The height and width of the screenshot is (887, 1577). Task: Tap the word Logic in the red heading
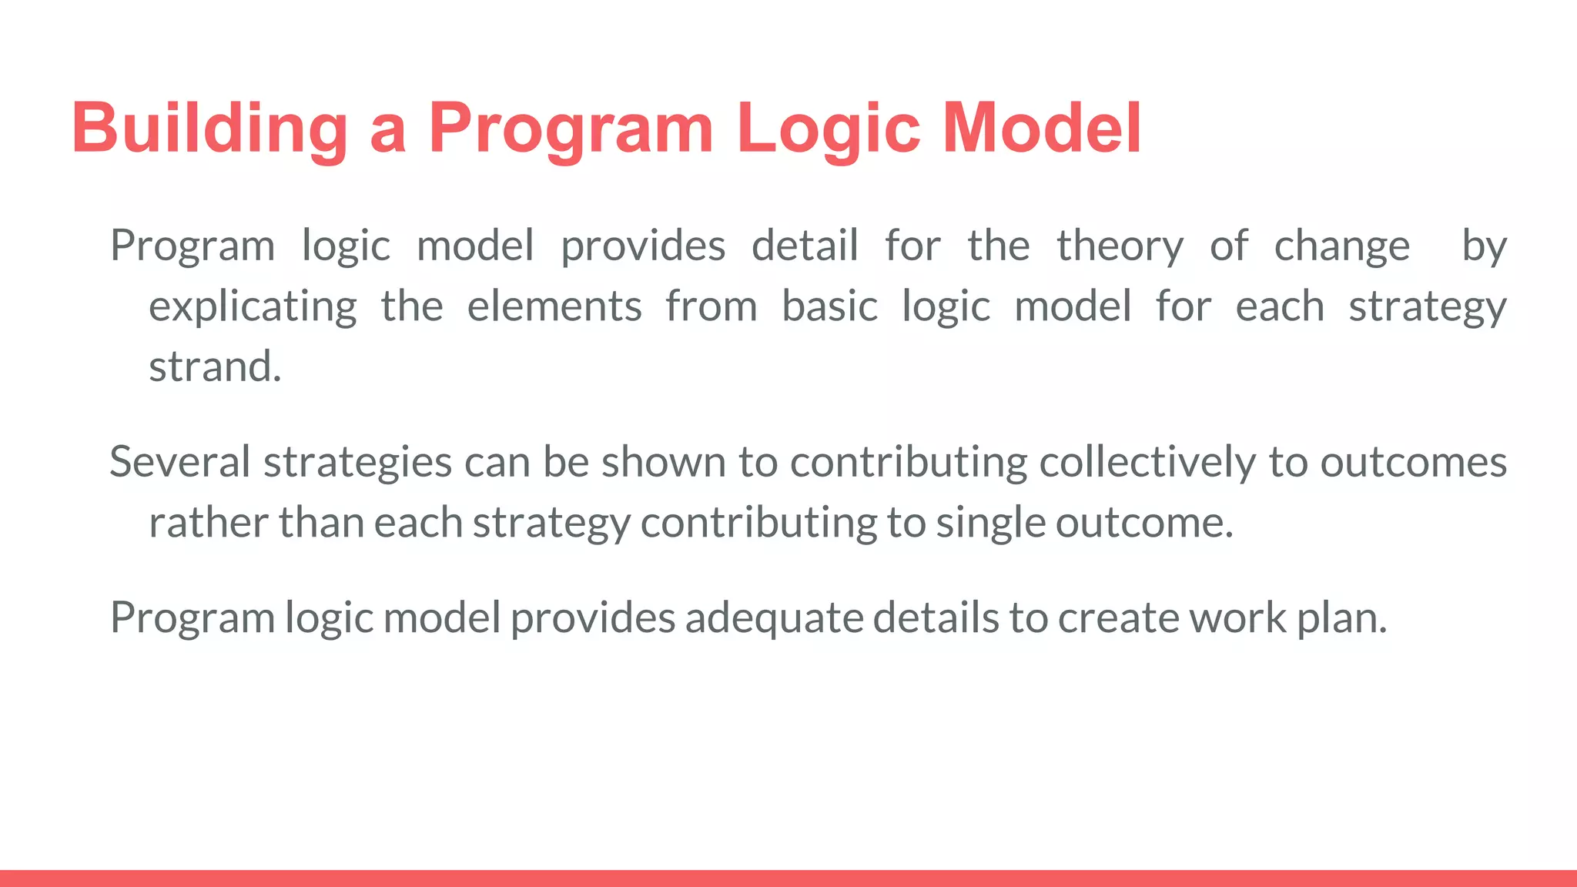point(828,128)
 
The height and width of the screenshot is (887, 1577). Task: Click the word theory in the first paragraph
point(1120,246)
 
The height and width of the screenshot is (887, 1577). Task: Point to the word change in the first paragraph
point(1341,246)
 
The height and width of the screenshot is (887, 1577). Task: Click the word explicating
point(253,307)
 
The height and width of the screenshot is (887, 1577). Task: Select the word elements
point(554,307)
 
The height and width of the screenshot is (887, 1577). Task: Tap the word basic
point(829,307)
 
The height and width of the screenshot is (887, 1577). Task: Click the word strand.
point(215,367)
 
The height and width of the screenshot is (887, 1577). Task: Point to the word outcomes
point(1413,463)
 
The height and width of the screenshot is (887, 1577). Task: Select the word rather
point(208,523)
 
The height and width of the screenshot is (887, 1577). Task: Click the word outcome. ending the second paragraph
point(1144,523)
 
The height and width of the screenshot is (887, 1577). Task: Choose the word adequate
point(774,618)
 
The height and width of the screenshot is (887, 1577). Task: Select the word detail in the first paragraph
point(805,246)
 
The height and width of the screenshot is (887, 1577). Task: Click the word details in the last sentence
point(936,618)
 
